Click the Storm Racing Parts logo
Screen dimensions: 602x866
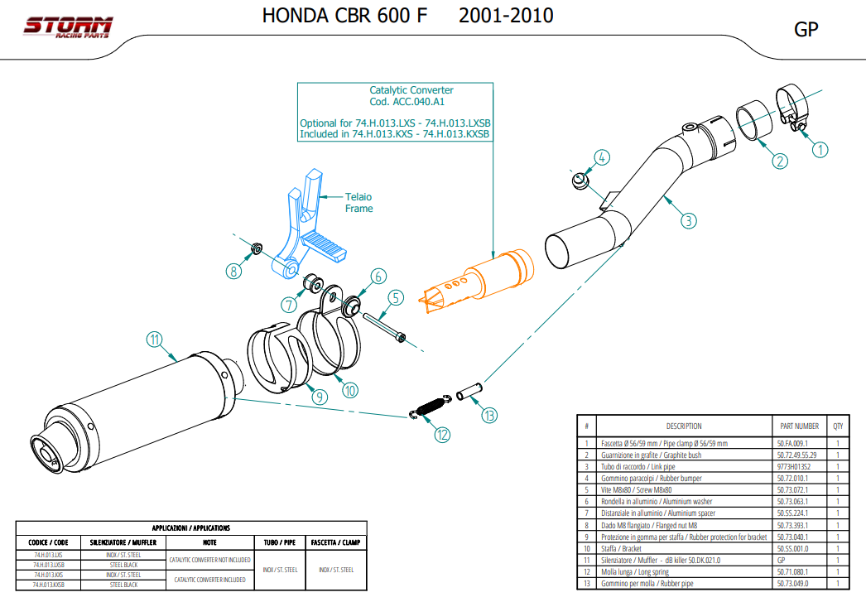67,28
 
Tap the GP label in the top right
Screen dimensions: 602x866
806,30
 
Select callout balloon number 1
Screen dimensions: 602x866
820,150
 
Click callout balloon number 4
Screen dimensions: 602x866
602,157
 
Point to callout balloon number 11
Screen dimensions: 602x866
154,339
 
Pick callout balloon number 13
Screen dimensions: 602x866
489,416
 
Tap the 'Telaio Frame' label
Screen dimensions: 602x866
358,203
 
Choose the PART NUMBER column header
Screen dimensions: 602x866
799,426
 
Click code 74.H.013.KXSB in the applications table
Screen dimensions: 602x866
49,585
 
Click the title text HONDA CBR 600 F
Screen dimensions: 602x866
344,16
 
